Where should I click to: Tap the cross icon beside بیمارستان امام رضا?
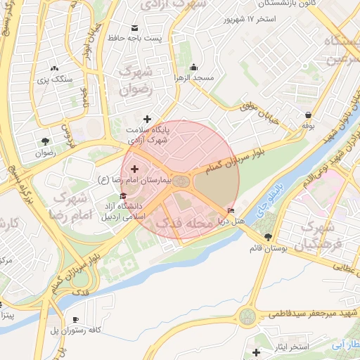pos(134,169)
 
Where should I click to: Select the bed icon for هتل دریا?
pos(231,210)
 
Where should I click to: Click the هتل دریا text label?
pos(231,221)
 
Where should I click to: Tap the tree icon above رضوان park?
pos(45,140)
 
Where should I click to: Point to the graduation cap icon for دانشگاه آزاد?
pos(123,196)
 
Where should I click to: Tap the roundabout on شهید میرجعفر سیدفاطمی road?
pos(247,316)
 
